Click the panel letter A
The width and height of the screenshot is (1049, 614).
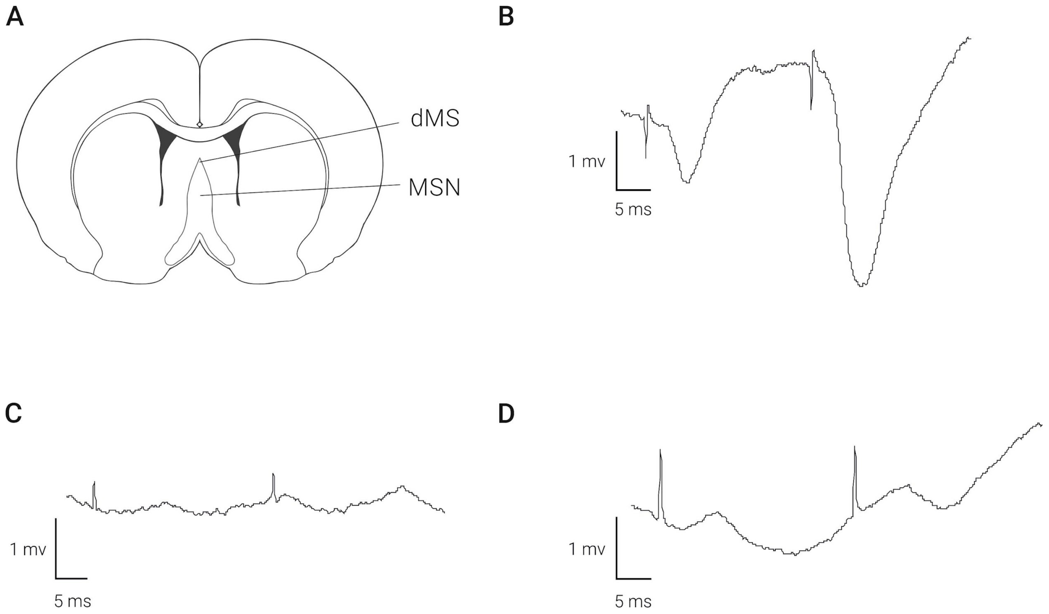click(x=15, y=18)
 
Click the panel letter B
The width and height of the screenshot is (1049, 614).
click(x=506, y=18)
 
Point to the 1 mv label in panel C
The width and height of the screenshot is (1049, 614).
click(x=28, y=550)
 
